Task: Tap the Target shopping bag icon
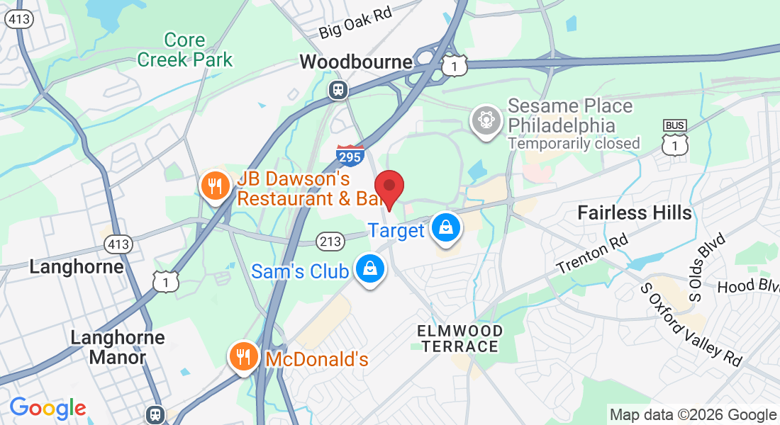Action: click(x=445, y=228)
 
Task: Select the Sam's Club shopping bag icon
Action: click(x=369, y=269)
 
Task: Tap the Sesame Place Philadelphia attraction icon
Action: click(x=486, y=118)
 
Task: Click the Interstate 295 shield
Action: click(x=350, y=154)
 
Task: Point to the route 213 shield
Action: click(x=330, y=242)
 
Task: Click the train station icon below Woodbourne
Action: click(x=338, y=89)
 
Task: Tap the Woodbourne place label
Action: click(x=356, y=62)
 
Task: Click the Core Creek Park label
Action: click(x=185, y=50)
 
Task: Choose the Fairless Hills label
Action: click(x=634, y=212)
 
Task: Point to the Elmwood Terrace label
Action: click(x=459, y=339)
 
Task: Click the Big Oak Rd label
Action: click(x=355, y=23)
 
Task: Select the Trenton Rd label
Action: click(x=592, y=256)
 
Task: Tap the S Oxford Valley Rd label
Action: click(x=691, y=324)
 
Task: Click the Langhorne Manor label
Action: click(x=118, y=347)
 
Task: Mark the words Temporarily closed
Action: click(x=574, y=144)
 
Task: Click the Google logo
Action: click(x=48, y=408)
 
